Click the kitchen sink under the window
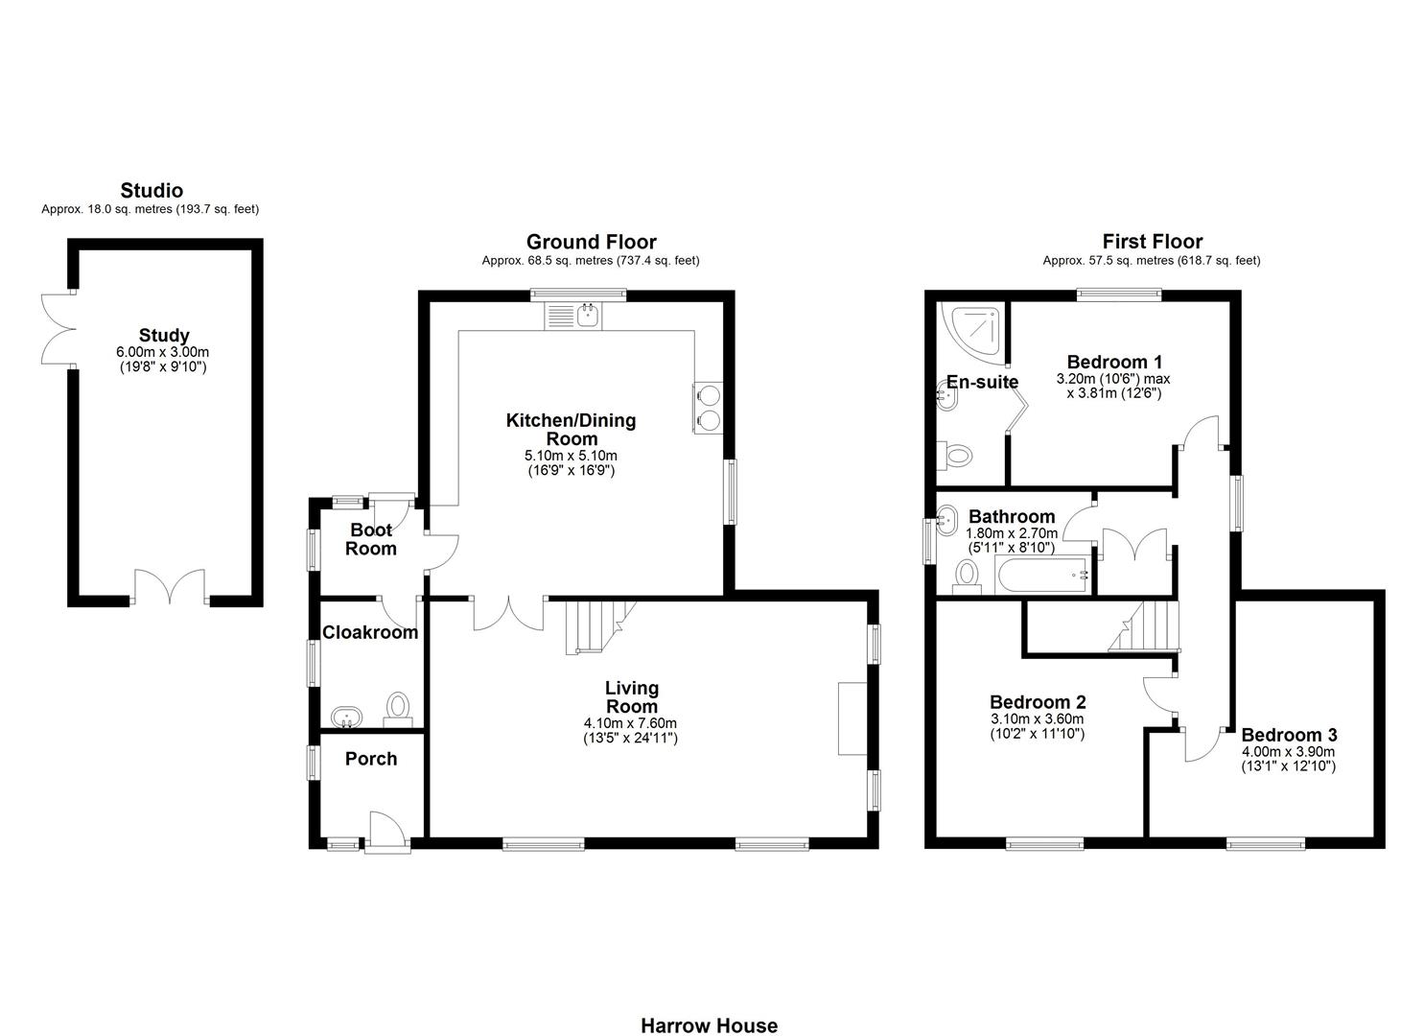(x=572, y=316)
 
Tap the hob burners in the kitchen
(x=708, y=408)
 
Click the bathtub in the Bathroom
(x=1043, y=576)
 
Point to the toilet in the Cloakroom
(x=397, y=709)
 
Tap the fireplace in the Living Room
(x=852, y=718)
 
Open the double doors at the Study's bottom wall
(x=170, y=587)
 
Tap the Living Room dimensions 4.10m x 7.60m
(x=630, y=723)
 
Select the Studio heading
(x=152, y=191)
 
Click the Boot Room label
(x=371, y=539)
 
